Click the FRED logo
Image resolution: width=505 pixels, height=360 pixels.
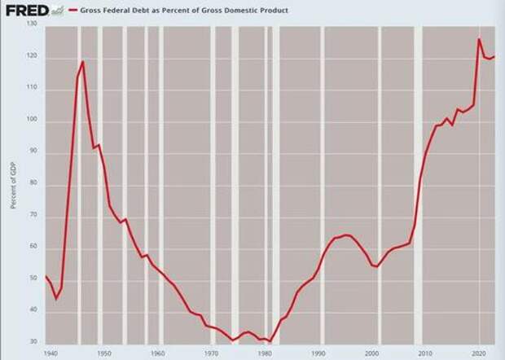click(x=26, y=11)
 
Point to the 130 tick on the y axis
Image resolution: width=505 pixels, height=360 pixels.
click(x=33, y=24)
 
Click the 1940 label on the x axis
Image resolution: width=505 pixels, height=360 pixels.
click(x=50, y=353)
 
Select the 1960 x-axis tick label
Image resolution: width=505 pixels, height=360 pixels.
click(x=158, y=353)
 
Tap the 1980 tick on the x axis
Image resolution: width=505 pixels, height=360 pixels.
click(x=266, y=353)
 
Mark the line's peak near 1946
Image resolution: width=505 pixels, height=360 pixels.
click(x=82, y=62)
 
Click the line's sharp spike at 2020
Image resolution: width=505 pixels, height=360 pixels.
click(x=479, y=39)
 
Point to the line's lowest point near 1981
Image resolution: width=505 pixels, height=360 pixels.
click(x=270, y=340)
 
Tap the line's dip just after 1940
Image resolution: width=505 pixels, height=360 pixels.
click(x=56, y=298)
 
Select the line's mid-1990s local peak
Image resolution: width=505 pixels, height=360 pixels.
click(x=346, y=235)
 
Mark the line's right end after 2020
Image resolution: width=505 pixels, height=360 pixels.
click(x=494, y=56)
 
